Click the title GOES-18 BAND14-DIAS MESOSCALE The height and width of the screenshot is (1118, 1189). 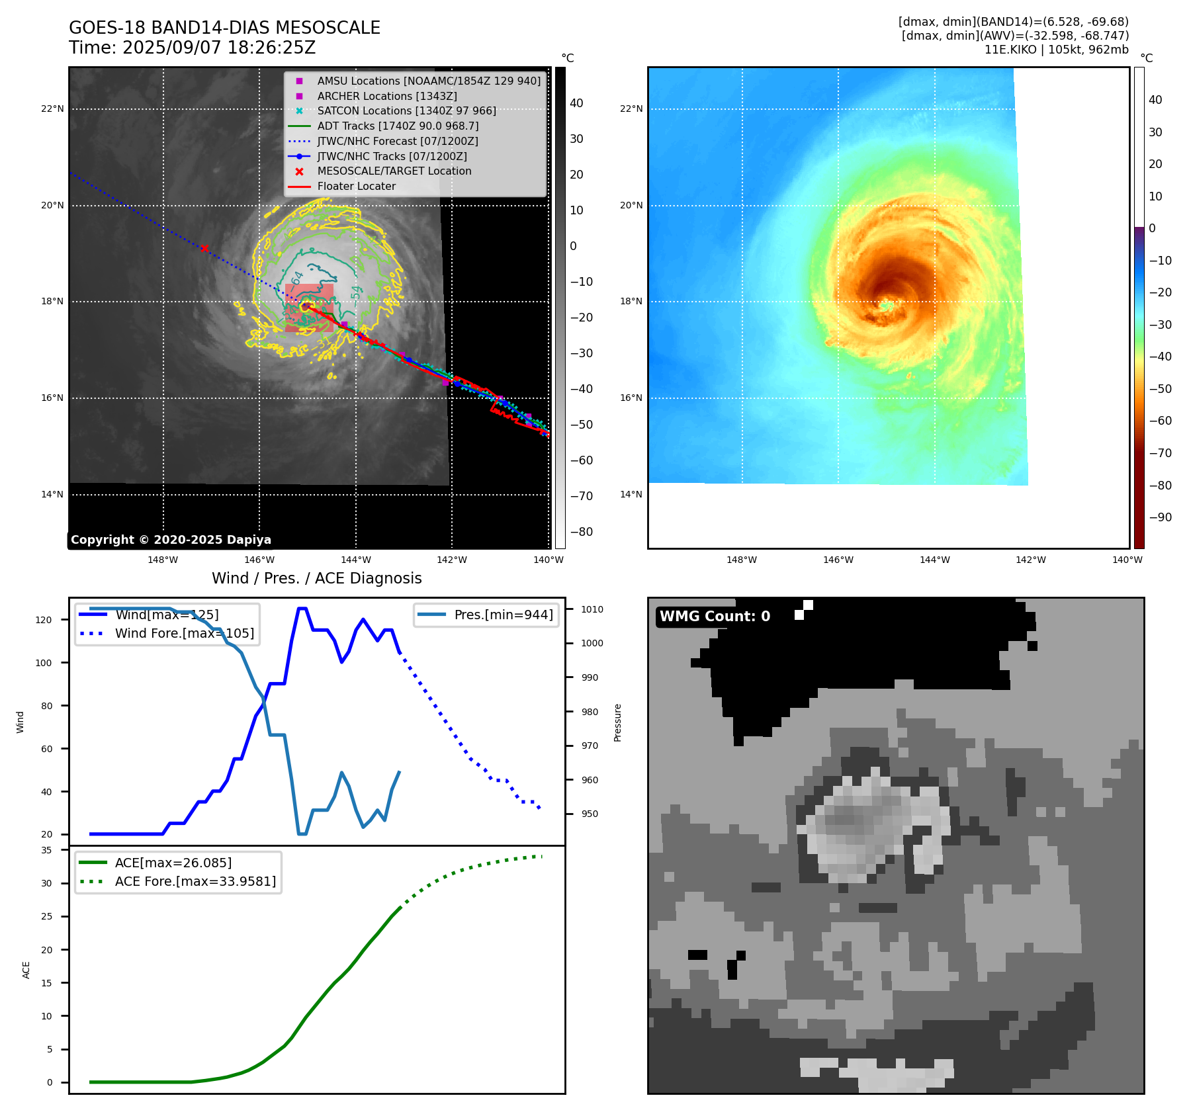224,28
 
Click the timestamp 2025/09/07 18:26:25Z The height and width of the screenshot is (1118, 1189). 219,48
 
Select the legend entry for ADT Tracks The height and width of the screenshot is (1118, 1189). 398,126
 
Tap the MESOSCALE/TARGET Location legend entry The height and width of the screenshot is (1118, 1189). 394,171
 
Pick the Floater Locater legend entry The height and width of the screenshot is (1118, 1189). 356,186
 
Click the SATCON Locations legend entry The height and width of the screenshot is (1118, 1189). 406,110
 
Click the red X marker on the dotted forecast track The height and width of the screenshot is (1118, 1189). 204,248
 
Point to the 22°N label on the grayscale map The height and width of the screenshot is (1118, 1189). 52,108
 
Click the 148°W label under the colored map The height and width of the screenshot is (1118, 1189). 742,560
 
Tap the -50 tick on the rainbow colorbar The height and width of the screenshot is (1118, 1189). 1160,388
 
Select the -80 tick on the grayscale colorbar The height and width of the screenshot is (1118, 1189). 582,532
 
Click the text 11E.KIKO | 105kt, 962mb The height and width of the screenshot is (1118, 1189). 1056,50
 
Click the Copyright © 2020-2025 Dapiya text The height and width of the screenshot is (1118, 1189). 171,540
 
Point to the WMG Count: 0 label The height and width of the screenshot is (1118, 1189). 715,617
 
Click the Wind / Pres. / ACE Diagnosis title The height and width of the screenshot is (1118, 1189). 316,578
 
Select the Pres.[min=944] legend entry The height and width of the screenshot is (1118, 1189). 503,615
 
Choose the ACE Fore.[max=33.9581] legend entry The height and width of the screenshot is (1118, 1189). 195,881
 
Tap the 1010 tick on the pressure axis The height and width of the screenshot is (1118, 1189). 592,609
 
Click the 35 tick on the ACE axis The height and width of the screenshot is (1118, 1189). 46,850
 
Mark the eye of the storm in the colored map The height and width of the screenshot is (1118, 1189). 887,306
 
